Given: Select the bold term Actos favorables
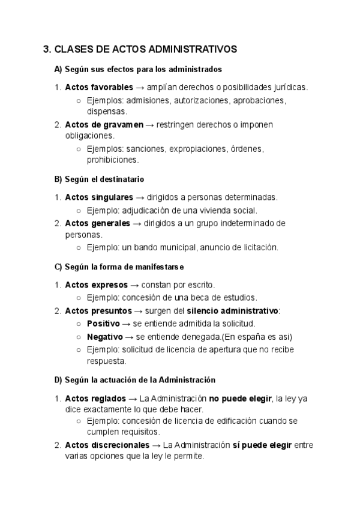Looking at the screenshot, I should click(x=99, y=87).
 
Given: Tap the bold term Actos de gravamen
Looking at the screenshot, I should click(x=104, y=124).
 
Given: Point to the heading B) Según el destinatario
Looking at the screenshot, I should click(x=99, y=179).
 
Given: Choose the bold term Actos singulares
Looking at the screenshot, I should click(x=99, y=197).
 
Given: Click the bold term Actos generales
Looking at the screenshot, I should click(x=97, y=223).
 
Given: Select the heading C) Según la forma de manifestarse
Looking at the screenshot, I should click(x=119, y=266).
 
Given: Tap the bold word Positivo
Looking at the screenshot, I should click(x=103, y=323).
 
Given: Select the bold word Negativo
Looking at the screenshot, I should click(x=104, y=336).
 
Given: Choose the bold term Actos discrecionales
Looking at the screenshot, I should click(x=107, y=445).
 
